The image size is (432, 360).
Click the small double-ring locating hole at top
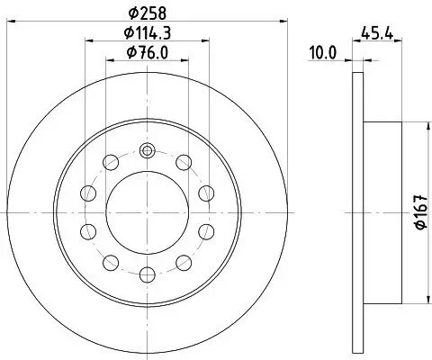click(x=148, y=150)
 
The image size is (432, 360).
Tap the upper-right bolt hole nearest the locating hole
click(x=184, y=162)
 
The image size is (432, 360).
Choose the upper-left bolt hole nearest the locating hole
click(x=112, y=162)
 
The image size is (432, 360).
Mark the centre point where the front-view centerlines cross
click(x=148, y=212)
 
